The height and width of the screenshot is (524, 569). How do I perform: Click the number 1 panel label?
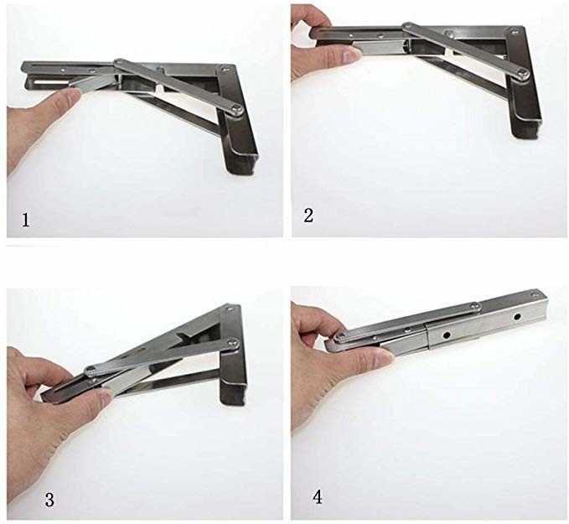coord(25,220)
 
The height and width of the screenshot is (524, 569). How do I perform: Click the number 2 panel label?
coord(308,215)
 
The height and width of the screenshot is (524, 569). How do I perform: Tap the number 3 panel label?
coord(49,500)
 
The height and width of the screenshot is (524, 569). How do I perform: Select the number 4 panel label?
coord(318,497)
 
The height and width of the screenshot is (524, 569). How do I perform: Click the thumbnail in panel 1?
coord(75,96)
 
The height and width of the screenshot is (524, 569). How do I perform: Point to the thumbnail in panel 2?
coord(351,55)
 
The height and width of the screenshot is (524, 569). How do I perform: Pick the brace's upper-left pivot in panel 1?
coord(119,63)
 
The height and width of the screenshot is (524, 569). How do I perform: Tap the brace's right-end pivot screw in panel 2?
coord(523,74)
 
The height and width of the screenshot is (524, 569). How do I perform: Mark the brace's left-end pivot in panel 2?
coord(408,25)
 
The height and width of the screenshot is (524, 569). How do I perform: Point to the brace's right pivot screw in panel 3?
coord(233,342)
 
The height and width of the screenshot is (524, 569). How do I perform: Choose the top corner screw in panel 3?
coord(230,309)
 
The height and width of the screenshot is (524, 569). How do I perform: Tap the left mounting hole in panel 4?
coord(447,334)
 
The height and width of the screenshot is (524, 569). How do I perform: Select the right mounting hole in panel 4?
coord(517,317)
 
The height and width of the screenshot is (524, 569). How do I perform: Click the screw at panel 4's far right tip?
coord(534,293)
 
